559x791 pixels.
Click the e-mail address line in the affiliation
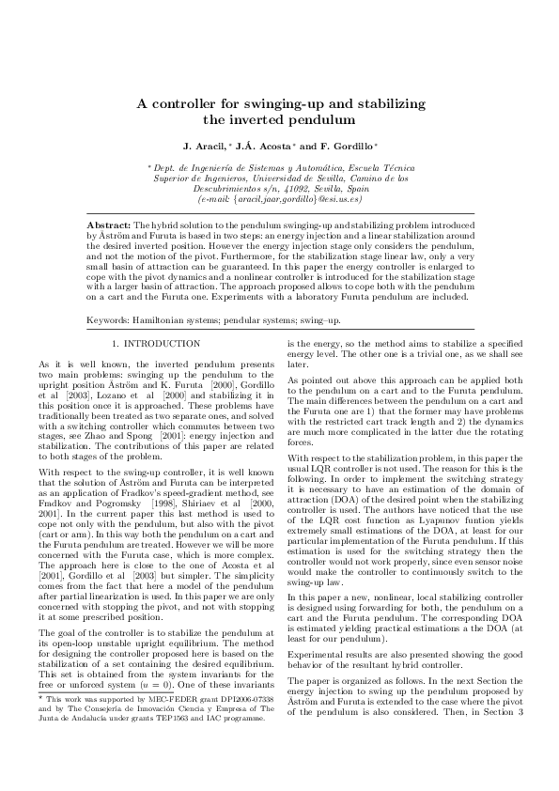[279, 198]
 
